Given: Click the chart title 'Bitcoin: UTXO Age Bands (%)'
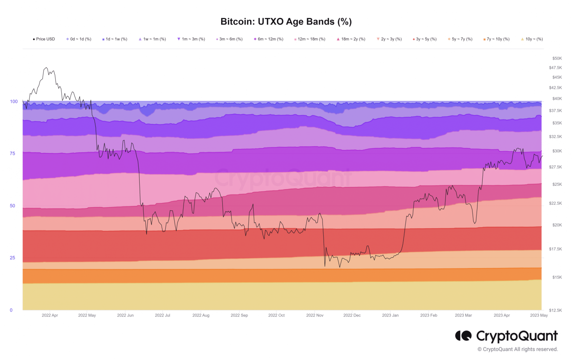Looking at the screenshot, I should pos(286,22).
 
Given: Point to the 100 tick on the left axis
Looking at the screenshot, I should pos(14,101).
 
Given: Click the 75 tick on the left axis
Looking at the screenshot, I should pos(13,153).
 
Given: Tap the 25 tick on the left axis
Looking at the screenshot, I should pos(13,258).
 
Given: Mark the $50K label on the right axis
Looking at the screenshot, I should pos(557,58).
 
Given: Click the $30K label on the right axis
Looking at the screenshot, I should pos(557,151).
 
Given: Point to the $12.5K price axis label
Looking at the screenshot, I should pos(555,310).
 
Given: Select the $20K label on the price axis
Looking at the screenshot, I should pos(557,225).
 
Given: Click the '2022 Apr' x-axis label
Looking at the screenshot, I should pos(50,315).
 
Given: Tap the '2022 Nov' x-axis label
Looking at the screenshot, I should pos(315,315).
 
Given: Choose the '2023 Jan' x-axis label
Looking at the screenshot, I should pos(390,315).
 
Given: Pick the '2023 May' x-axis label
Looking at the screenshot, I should pos(539,315).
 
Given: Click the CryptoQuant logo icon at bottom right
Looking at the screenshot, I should pos(463,336).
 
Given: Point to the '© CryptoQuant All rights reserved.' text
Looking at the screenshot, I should pos(518,349).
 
